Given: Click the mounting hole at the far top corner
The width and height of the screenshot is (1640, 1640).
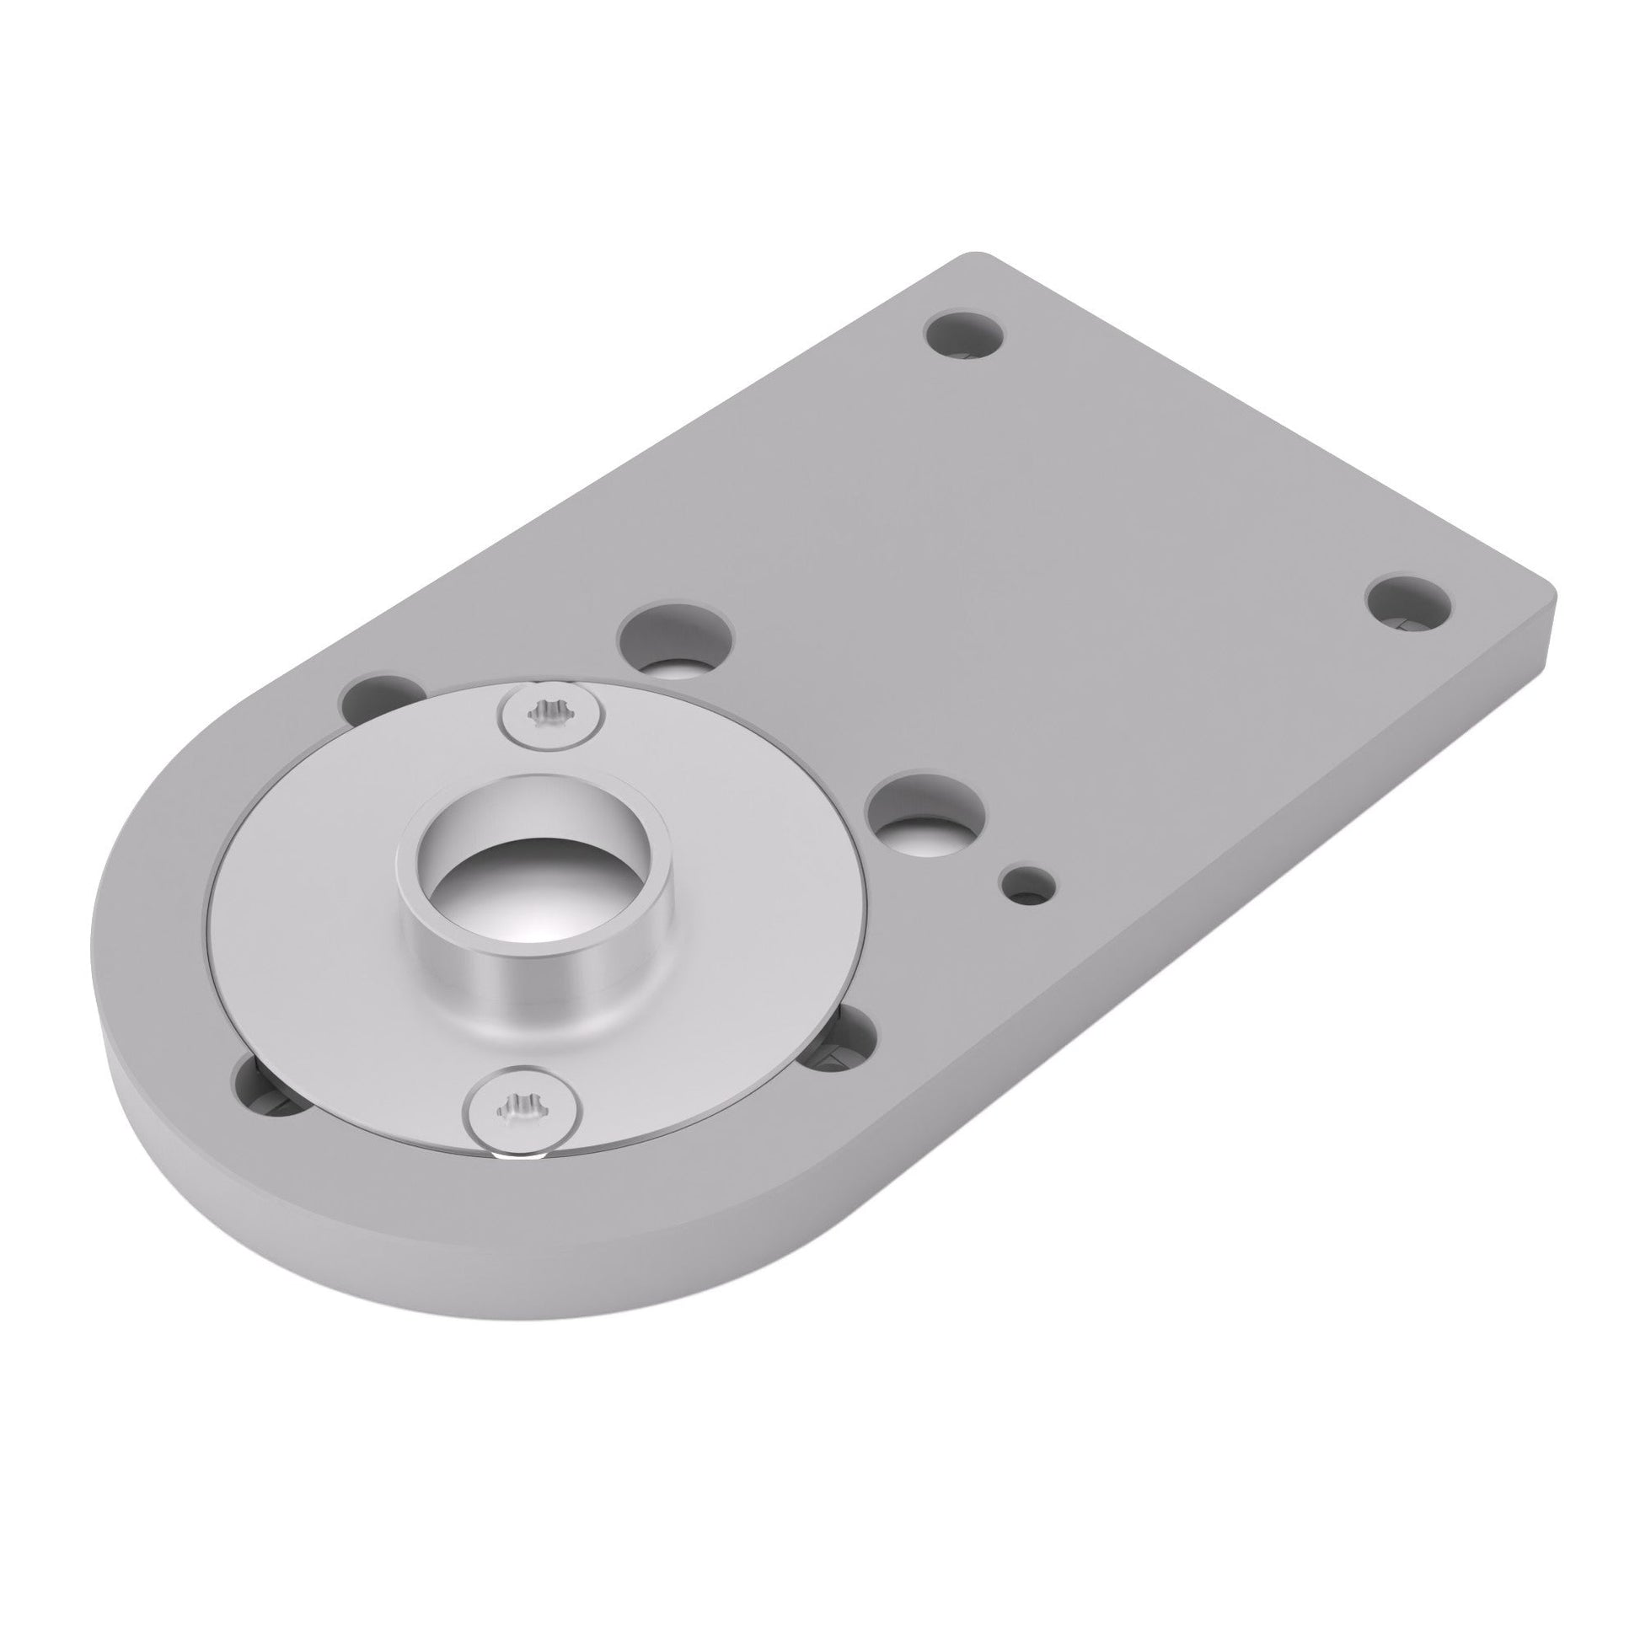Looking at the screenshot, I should coord(963,334).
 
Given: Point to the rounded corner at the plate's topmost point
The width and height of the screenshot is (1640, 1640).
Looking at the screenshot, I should coord(976,258).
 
